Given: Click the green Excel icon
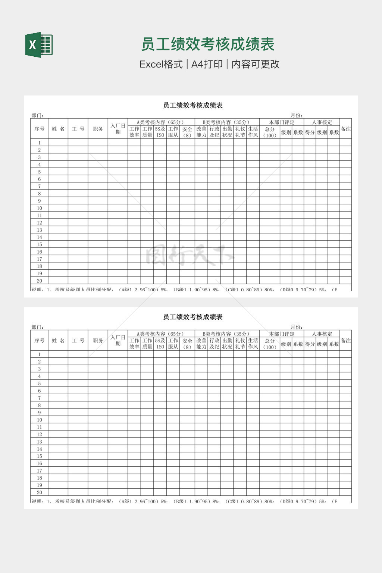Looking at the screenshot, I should (x=39, y=45).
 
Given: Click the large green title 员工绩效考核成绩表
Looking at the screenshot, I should (x=207, y=44).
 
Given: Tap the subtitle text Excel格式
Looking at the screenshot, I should (x=161, y=64).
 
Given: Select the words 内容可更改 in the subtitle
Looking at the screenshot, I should (x=256, y=64).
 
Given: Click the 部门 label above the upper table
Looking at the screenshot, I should (x=38, y=115).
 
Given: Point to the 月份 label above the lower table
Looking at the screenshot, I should (x=297, y=327).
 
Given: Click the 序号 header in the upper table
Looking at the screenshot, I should (x=39, y=129).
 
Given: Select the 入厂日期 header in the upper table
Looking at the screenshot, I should (x=118, y=129).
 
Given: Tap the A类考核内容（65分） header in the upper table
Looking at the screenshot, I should (x=161, y=122).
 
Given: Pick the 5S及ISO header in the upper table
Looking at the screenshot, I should (x=160, y=132).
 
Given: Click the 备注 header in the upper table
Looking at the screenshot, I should (x=346, y=129).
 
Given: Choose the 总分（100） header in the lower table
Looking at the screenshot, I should (x=270, y=344).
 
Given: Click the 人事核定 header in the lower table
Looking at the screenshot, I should (x=322, y=334).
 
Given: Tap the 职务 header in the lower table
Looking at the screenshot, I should (x=98, y=340).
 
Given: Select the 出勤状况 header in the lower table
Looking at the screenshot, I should (x=227, y=344).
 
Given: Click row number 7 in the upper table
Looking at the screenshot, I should (x=39, y=186).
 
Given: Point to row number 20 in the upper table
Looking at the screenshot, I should (x=39, y=281).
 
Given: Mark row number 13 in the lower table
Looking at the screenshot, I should (x=39, y=442).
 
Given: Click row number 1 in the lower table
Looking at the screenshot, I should (x=39, y=354).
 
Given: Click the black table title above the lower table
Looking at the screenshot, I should (x=192, y=317).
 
